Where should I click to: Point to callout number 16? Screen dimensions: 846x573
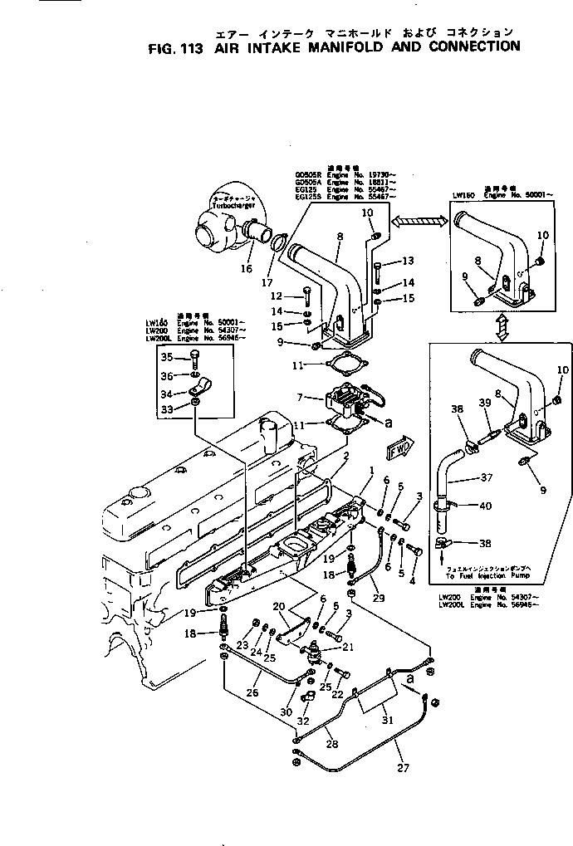click(247, 269)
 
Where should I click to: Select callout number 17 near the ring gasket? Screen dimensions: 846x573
click(266, 282)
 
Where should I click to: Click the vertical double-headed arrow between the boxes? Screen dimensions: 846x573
click(502, 327)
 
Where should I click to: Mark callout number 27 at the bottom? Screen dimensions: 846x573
click(404, 768)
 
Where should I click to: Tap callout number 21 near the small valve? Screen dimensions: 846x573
click(347, 647)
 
